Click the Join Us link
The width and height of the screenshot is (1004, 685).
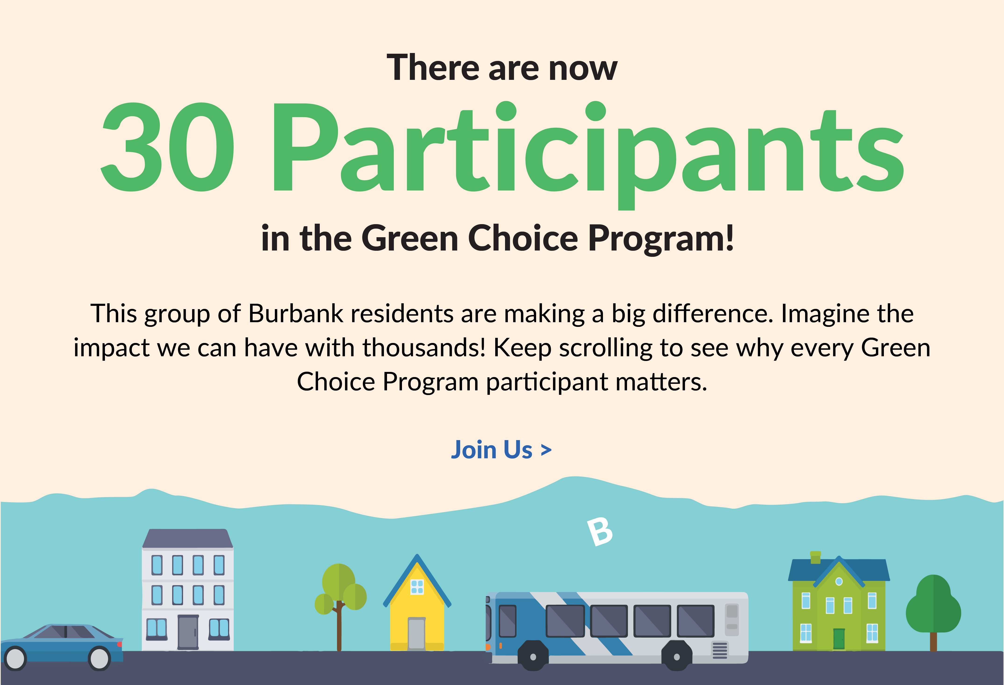tap(501, 450)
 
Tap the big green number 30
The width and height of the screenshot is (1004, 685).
tap(168, 147)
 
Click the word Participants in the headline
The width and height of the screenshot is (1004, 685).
tap(588, 149)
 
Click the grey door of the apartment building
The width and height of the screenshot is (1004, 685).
tap(188, 632)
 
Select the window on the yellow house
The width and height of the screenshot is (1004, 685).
tap(417, 586)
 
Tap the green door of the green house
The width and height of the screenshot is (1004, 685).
tap(839, 639)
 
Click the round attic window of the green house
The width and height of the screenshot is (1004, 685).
tap(839, 581)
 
